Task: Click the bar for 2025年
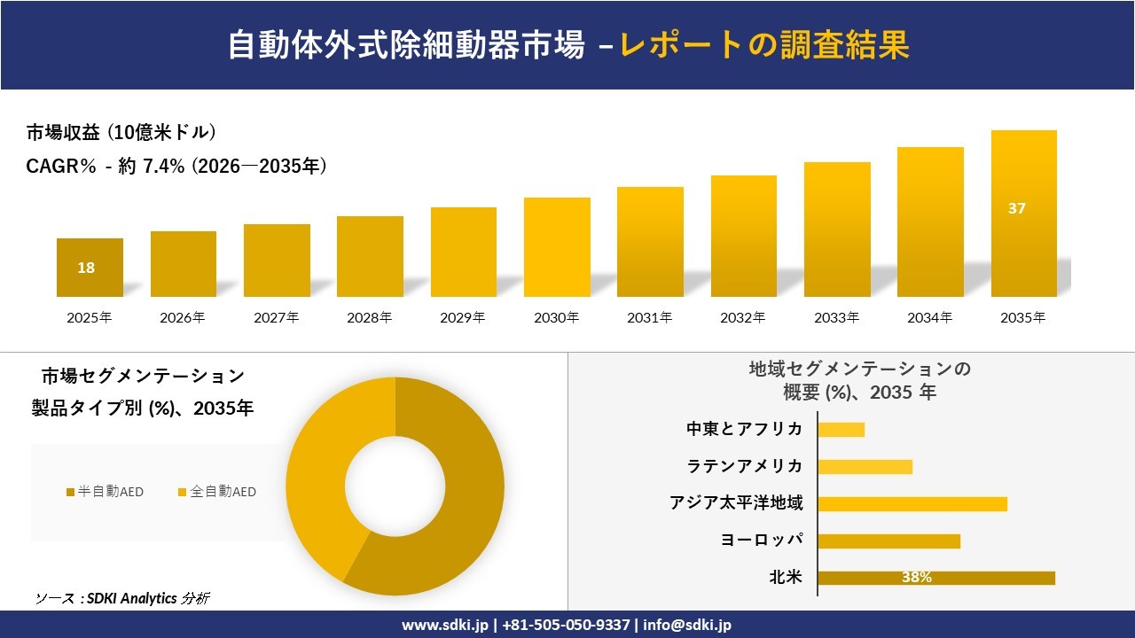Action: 90,268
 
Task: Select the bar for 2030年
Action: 557,247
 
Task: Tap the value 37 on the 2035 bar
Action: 1016,209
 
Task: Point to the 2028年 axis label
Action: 369,317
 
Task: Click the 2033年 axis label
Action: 837,317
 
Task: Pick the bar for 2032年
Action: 743,236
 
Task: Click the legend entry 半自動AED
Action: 105,492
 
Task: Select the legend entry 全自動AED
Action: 217,492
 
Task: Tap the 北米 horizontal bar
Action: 935,578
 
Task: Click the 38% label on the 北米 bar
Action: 916,578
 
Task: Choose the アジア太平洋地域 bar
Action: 912,504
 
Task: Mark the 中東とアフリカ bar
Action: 841,430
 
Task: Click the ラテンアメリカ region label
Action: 745,466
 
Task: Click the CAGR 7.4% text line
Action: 176,166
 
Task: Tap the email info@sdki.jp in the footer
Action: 687,625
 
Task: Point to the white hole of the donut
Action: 395,486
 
